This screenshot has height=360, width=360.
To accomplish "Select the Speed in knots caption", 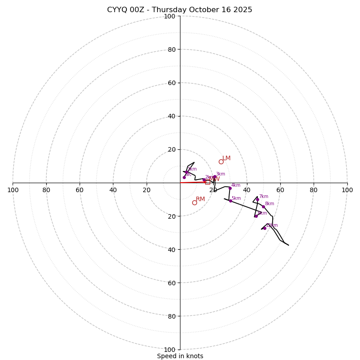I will tap(180, 356).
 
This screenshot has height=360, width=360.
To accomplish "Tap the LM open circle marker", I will tap(221, 162).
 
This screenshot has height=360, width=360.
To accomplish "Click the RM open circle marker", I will tap(194, 202).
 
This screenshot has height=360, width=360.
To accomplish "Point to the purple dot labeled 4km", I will tap(230, 188).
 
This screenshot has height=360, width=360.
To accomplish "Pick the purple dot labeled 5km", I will tap(230, 201).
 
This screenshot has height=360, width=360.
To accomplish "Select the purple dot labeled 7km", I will tap(257, 200).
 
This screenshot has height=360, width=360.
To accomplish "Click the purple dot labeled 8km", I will tap(263, 207).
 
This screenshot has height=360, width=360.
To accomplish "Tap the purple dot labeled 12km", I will tap(265, 228).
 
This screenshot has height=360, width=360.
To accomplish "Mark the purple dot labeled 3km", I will tap(215, 177).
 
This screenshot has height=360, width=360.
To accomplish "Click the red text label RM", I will tap(200, 199).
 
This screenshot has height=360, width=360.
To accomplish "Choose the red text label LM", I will tap(226, 158).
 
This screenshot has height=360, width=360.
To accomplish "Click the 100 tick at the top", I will tap(170, 16).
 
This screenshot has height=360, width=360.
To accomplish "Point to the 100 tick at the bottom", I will tap(170, 349).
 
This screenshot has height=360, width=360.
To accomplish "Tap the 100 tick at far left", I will tap(13, 190).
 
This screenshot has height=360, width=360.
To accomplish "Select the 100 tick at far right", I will tap(347, 190).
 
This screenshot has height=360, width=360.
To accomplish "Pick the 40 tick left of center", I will tap(113, 190).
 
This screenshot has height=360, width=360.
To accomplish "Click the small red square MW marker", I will tap(207, 182).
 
